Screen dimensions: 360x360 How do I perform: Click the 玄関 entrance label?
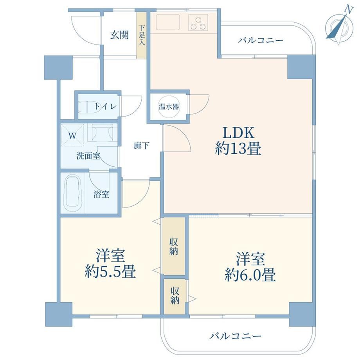click(119, 35)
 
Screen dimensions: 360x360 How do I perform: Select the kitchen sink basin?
click(168, 22)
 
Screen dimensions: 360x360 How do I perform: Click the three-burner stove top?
click(198, 22)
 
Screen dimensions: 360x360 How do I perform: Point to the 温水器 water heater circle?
click(169, 106)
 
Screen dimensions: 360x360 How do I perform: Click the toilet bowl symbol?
click(90, 107)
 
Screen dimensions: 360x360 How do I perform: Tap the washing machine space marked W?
click(72, 136)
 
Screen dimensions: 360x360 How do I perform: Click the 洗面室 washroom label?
click(88, 156)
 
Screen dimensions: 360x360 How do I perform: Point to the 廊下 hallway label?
click(141, 146)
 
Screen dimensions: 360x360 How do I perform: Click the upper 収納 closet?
click(174, 246)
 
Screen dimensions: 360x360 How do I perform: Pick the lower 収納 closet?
click(175, 296)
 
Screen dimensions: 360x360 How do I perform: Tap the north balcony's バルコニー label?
click(260, 41)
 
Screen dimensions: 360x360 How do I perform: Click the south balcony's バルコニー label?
click(235, 337)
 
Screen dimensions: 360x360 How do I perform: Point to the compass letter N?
click(349, 10)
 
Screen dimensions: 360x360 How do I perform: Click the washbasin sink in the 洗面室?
click(102, 133)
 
